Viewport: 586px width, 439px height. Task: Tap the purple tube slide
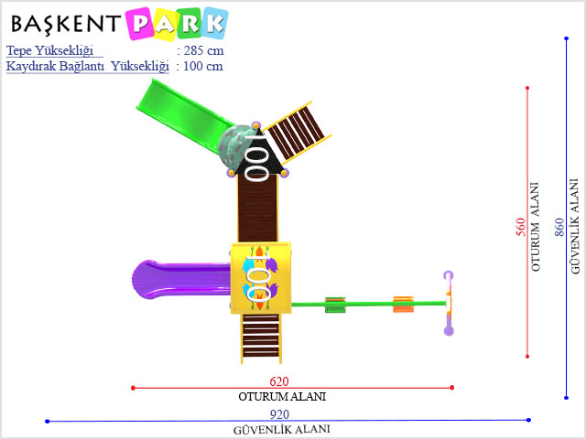181,279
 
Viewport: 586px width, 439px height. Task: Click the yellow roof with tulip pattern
261,278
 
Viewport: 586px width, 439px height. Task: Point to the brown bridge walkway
258,209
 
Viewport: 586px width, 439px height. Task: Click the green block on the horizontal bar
335,305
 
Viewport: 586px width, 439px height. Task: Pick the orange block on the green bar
403,305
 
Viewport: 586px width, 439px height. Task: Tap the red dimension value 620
279,381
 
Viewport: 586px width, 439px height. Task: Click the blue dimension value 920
279,414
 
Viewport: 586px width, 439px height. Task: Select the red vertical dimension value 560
521,227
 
